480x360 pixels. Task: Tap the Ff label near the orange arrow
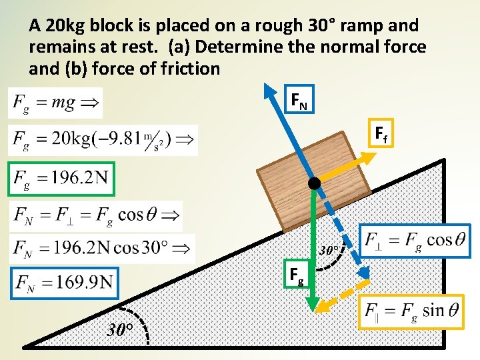(381, 136)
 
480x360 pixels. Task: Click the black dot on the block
(314, 183)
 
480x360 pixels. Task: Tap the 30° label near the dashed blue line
(331, 251)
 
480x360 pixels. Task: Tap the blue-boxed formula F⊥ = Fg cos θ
(415, 239)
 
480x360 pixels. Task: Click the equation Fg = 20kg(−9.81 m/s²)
(103, 140)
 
